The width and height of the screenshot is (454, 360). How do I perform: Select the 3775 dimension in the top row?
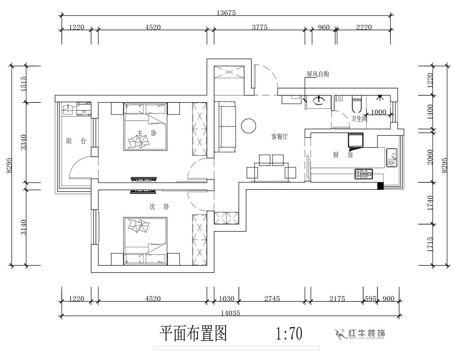(259, 27)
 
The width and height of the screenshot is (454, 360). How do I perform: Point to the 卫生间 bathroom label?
(359, 118)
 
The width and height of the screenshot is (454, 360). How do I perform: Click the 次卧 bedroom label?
(160, 207)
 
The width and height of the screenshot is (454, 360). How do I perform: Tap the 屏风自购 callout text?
(318, 74)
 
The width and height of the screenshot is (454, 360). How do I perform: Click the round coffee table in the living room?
(249, 126)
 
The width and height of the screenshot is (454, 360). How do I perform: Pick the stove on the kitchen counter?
(364, 174)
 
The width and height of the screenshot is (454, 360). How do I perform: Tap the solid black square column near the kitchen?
(381, 186)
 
